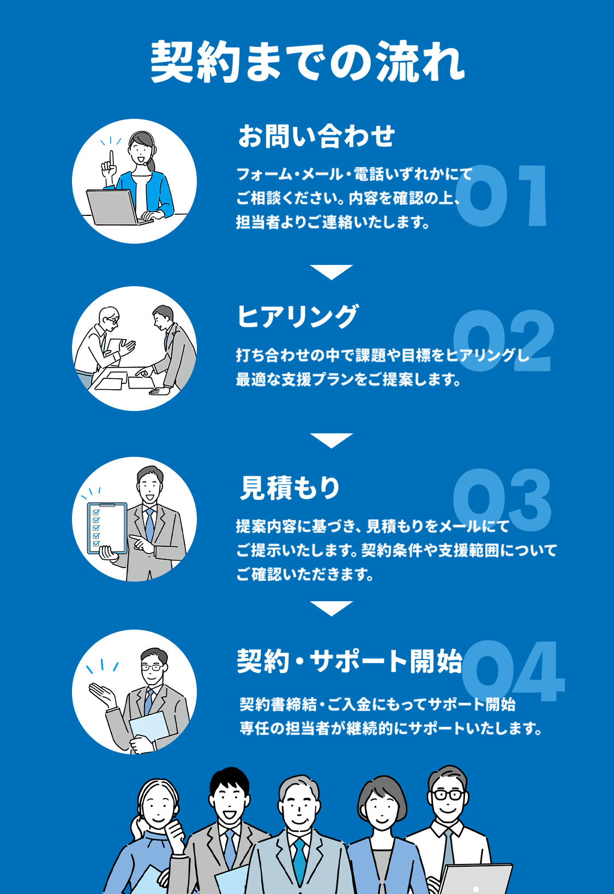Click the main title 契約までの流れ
click(308, 62)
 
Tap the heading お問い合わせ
click(317, 136)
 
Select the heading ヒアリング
click(298, 317)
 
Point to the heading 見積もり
click(290, 487)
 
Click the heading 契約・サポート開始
click(350, 661)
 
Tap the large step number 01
click(502, 196)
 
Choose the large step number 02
click(503, 341)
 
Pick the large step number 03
click(502, 500)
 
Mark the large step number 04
click(514, 671)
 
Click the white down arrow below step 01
click(332, 272)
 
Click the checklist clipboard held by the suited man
click(107, 528)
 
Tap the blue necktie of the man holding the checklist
click(150, 524)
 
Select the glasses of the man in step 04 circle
click(152, 667)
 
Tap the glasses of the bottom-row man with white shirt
click(448, 795)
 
